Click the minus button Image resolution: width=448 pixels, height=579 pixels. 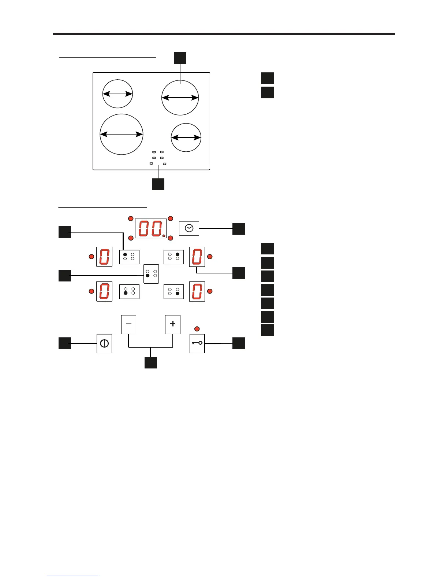[x=128, y=324]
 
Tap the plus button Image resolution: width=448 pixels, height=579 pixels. [x=173, y=324]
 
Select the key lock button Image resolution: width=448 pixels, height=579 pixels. [x=197, y=343]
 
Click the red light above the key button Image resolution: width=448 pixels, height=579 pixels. [x=197, y=328]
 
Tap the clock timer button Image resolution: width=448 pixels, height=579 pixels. [x=189, y=228]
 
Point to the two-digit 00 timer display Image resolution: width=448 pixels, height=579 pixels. [x=151, y=228]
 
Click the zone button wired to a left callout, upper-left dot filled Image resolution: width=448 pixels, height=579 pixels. [x=129, y=257]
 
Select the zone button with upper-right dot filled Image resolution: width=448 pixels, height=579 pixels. [x=173, y=257]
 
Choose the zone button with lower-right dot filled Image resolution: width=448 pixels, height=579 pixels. [x=173, y=291]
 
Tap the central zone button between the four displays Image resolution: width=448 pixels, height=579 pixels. [x=151, y=274]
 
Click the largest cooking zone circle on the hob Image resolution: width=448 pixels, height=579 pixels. [x=122, y=134]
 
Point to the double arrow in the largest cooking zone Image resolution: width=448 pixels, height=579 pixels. [x=122, y=135]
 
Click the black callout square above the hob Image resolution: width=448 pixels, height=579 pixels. [x=180, y=58]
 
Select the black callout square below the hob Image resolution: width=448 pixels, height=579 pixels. [x=158, y=184]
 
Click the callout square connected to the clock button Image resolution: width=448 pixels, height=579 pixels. [x=239, y=228]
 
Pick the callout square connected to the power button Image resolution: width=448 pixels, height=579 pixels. [x=65, y=343]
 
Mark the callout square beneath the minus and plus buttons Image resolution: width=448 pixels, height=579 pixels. [x=151, y=362]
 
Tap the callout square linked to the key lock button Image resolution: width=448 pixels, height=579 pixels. [x=239, y=343]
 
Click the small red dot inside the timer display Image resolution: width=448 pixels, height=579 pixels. [x=164, y=236]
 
